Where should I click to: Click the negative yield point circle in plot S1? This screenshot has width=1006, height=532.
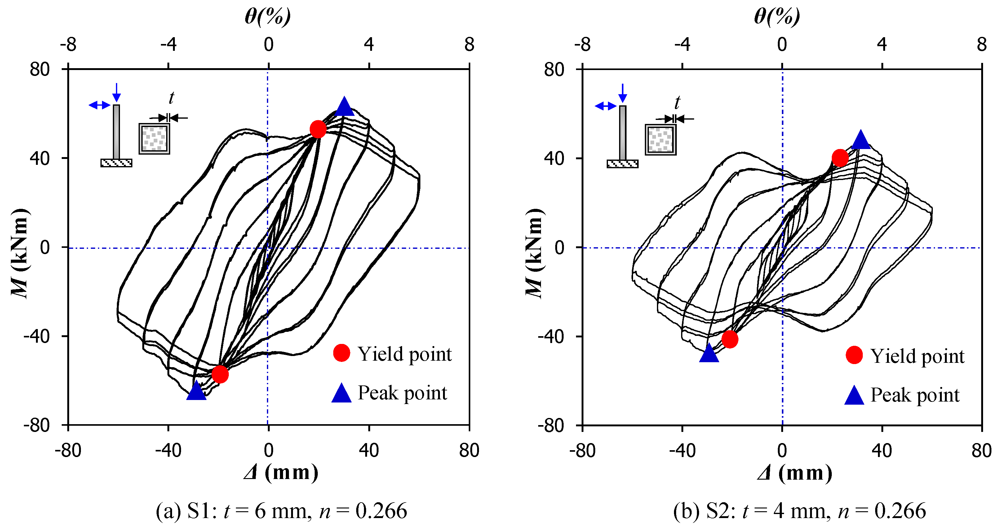(x=220, y=374)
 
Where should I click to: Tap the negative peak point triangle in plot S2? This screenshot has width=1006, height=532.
(x=709, y=354)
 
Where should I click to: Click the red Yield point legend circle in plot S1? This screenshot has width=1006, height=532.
(x=341, y=353)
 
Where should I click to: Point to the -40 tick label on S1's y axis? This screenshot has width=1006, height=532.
(x=36, y=336)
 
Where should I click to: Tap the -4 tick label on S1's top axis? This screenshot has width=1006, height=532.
(x=168, y=45)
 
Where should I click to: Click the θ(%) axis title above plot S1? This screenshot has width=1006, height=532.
(x=268, y=17)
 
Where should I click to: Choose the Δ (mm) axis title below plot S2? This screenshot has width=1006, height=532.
(x=794, y=473)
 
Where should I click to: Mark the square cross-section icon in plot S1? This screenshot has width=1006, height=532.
(x=154, y=138)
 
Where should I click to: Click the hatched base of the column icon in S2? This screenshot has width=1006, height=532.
(x=623, y=164)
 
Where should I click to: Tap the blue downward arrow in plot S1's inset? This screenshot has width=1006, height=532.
(x=116, y=93)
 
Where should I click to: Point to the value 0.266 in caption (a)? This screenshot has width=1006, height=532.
(x=381, y=511)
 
